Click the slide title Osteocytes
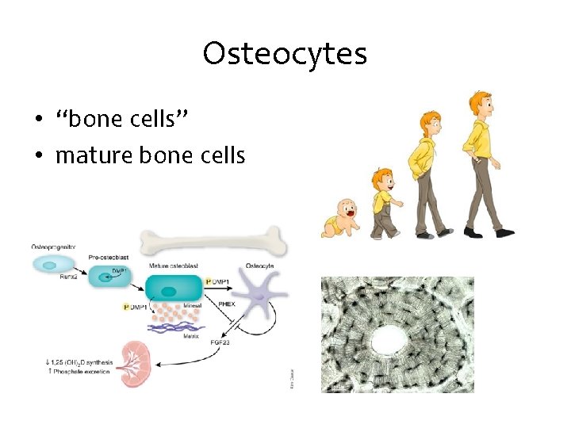285,54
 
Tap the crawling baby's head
347,209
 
